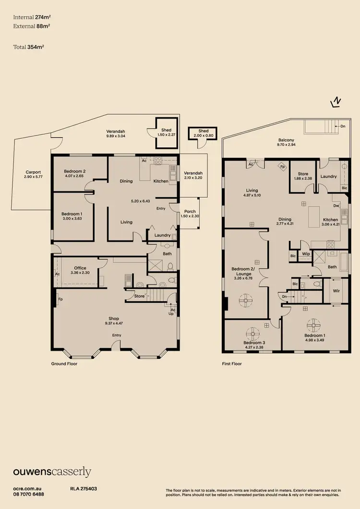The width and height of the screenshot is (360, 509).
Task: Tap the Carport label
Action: [33, 172]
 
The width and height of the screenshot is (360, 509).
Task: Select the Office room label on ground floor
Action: [80, 268]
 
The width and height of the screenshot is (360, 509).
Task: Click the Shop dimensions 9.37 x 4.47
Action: [114, 323]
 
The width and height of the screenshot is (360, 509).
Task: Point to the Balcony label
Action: [286, 140]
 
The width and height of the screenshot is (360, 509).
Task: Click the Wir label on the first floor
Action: [336, 290]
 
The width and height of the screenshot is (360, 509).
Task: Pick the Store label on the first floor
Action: [303, 174]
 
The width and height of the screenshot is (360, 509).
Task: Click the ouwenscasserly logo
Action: [52, 472]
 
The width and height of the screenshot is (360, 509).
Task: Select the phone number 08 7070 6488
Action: [29, 494]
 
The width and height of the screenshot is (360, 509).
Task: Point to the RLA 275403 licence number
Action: [84, 488]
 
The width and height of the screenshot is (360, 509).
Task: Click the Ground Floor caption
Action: [64, 364]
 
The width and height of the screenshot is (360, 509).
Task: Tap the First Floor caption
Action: [232, 364]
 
